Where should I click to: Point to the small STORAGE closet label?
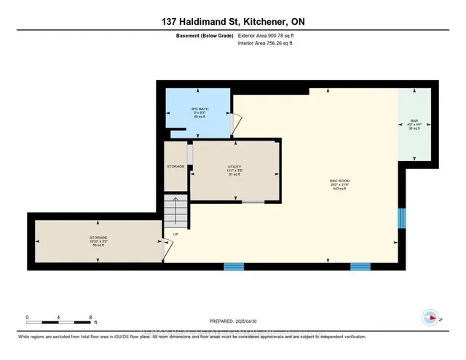(175, 166)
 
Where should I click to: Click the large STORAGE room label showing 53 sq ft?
(96, 241)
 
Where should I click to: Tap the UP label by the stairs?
(175, 234)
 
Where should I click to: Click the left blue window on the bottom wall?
(233, 267)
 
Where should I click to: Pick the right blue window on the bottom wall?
(360, 267)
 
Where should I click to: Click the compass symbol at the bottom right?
(430, 317)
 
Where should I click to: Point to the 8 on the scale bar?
(90, 317)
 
